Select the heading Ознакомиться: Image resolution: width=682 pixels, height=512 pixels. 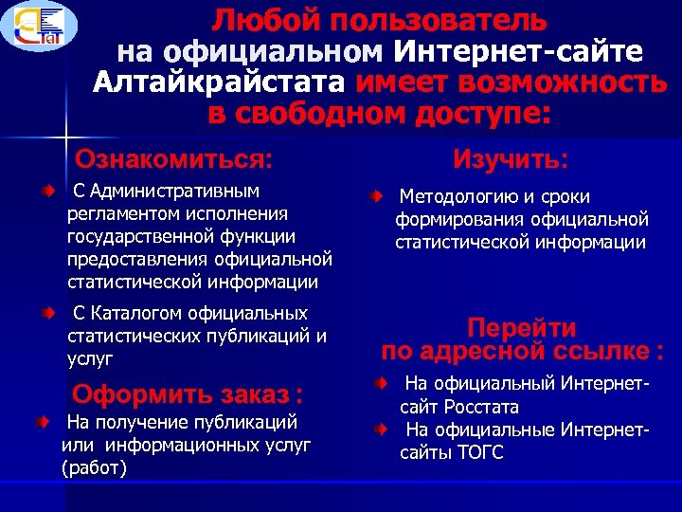point(173,156)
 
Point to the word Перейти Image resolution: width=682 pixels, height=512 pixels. point(522,328)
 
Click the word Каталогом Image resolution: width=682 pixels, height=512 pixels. point(138,313)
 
